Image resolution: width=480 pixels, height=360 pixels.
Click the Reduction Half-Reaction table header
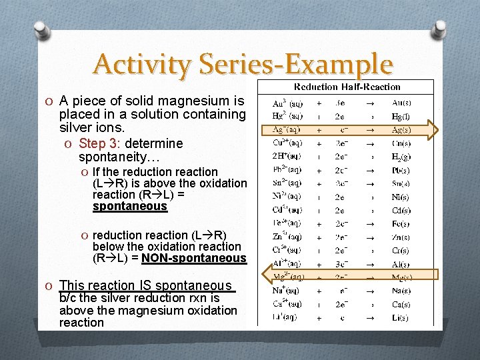click(x=347, y=87)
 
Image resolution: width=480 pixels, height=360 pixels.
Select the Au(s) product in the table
click(x=401, y=103)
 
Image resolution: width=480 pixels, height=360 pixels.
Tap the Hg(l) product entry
click(x=401, y=117)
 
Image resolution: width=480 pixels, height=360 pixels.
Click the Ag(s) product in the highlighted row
click(x=401, y=130)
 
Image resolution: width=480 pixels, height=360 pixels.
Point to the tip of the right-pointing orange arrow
click(x=441, y=130)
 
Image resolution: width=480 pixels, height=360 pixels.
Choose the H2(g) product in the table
click(x=401, y=157)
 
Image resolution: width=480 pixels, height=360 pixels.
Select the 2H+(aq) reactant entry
click(x=287, y=157)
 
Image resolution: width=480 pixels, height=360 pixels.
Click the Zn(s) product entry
click(x=401, y=237)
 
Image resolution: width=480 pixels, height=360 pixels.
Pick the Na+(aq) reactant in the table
click(x=287, y=291)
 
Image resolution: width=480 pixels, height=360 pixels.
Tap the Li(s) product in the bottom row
click(x=401, y=318)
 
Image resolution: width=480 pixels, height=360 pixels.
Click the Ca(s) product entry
click(x=401, y=304)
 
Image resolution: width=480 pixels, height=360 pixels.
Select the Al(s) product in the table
click(x=401, y=264)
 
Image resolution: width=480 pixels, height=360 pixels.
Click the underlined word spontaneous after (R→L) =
click(x=129, y=207)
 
